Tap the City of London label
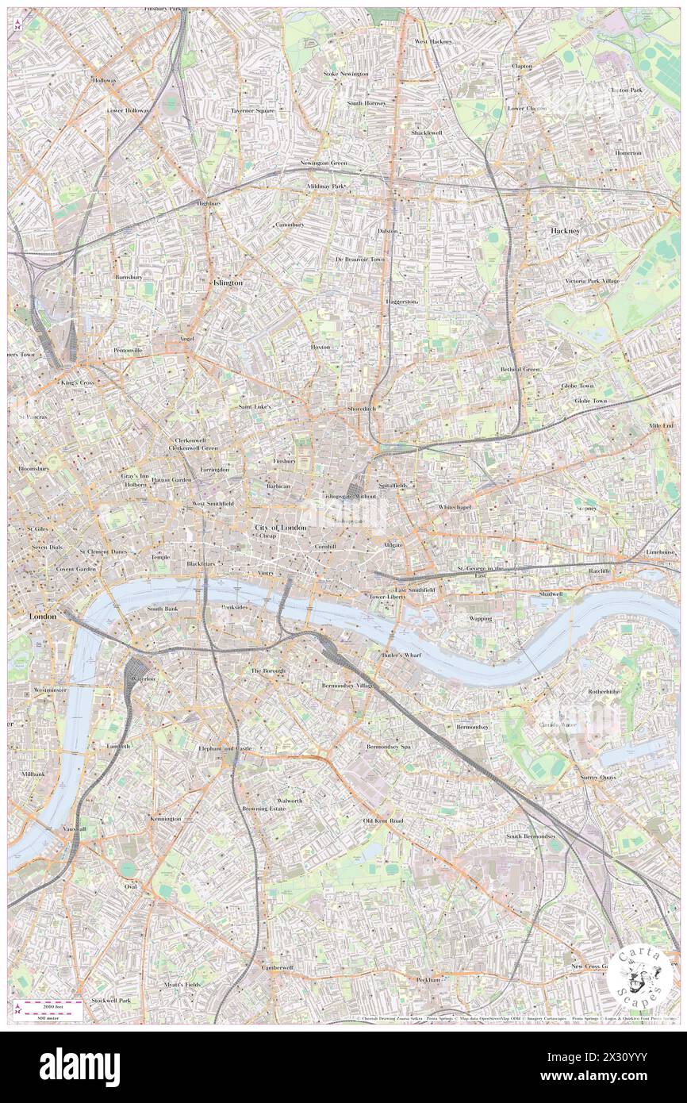pos(280,528)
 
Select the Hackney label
pos(566,230)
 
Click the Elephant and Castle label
pos(225,748)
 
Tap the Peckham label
pos(428,980)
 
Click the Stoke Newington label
pos(346,74)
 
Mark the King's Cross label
pos(77,382)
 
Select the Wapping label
pos(480,618)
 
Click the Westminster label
pos(50,690)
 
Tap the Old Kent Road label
pos(383,821)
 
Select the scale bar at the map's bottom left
pos(51,1009)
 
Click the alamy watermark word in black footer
pos(79,1062)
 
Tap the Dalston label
pos(388,231)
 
